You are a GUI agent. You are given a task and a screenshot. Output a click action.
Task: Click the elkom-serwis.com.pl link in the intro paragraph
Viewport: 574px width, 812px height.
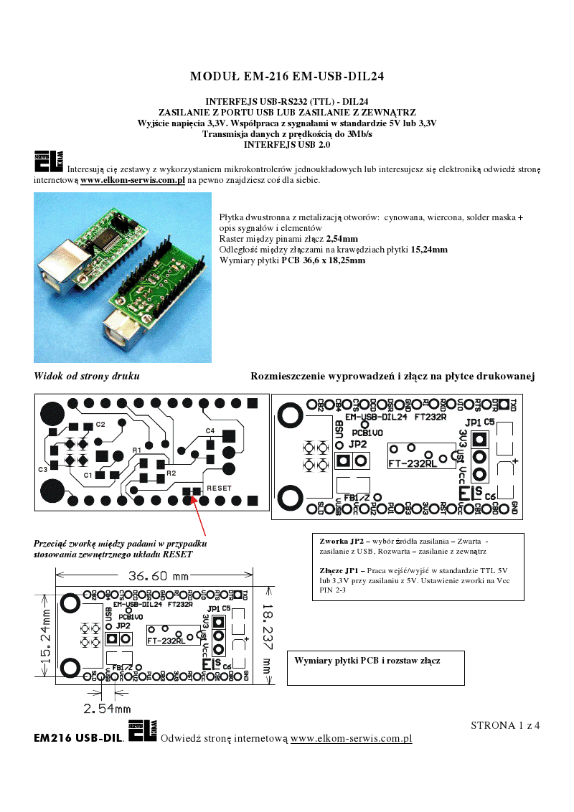(x=133, y=180)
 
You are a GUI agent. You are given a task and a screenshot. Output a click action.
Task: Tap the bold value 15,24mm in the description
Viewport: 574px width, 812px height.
(x=429, y=250)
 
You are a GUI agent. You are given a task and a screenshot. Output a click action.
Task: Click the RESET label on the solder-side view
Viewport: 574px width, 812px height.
(x=220, y=488)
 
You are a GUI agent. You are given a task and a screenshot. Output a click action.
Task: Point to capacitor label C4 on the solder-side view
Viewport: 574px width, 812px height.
(x=210, y=430)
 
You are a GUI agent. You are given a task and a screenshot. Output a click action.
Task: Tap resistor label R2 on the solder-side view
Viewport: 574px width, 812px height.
(x=171, y=473)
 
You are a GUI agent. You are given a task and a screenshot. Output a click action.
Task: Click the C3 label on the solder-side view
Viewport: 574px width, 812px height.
(x=42, y=469)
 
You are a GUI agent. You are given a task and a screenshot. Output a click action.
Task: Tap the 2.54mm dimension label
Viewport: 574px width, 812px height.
(x=108, y=709)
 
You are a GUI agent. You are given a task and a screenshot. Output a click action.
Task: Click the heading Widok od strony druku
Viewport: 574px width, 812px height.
(x=87, y=376)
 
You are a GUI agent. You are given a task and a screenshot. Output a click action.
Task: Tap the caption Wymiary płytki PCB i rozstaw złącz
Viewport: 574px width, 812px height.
(x=367, y=660)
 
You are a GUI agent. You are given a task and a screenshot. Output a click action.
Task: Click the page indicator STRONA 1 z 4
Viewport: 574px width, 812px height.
(x=505, y=725)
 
